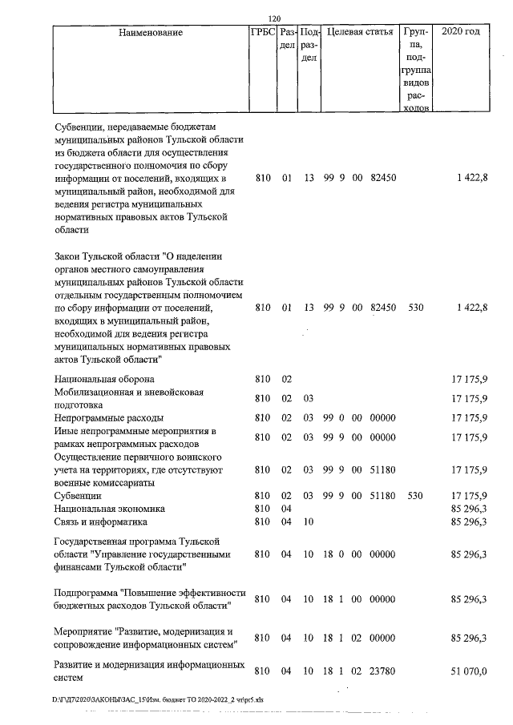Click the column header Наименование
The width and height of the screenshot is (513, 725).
150,33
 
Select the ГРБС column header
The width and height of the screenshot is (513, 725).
262,33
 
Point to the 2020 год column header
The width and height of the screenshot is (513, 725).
467,33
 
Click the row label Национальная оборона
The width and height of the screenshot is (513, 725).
104,378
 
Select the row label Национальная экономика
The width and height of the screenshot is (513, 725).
109,509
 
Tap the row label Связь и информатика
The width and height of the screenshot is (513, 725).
101,522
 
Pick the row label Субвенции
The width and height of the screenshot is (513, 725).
78,496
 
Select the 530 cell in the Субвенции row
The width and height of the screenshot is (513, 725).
416,496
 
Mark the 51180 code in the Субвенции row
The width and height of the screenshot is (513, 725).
384,496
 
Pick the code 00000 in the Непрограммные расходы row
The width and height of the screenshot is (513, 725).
384,417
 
